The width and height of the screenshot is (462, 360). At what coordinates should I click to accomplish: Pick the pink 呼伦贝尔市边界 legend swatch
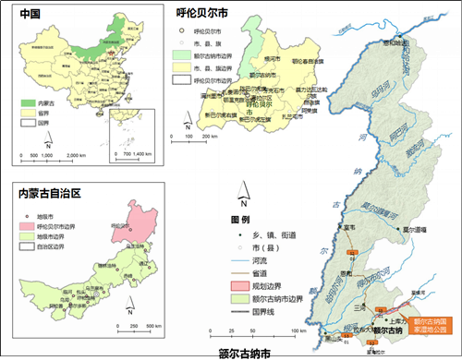tap(23, 225)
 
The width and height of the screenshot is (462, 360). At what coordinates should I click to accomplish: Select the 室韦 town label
tap(350, 226)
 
